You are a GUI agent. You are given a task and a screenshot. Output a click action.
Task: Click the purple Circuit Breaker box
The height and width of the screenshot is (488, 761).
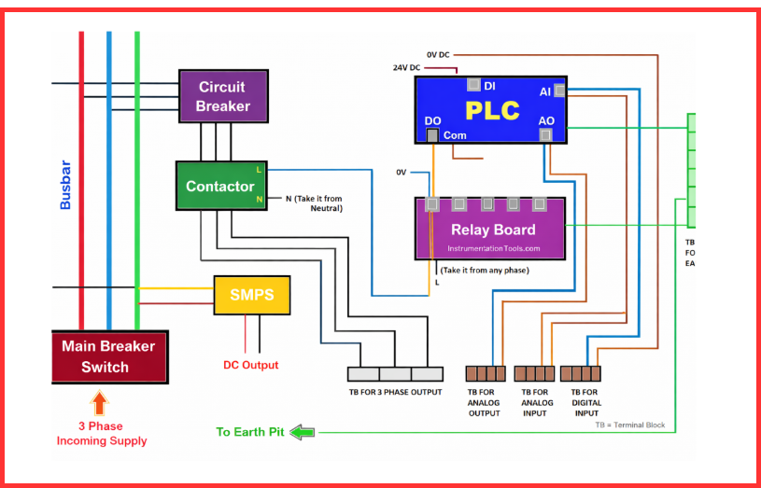point(223,97)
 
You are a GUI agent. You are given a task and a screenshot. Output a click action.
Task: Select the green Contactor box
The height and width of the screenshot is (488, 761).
point(220,186)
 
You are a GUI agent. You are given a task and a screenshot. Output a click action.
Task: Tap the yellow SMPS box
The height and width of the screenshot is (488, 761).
point(252,295)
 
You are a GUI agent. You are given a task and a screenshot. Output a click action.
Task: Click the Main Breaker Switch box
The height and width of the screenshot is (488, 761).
point(108,356)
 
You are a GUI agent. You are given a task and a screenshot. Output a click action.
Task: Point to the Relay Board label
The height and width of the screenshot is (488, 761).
point(493,230)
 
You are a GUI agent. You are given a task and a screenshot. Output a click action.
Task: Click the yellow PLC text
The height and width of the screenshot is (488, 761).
point(492,111)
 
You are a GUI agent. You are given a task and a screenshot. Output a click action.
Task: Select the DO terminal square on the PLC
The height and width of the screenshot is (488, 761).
point(432,136)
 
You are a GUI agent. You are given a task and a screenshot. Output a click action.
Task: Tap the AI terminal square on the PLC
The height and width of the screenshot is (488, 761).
point(559,91)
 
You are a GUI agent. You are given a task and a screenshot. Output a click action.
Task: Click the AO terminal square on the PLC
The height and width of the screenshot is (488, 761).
point(546,136)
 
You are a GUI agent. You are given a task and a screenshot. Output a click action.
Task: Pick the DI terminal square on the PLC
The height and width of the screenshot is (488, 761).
point(474,85)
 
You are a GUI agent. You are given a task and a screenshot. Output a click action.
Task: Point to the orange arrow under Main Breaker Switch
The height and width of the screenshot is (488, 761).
point(100,404)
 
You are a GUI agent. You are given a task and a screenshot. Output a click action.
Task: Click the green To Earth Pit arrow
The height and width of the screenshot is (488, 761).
point(303,432)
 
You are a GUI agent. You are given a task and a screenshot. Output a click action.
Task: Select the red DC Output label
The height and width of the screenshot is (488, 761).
point(250,365)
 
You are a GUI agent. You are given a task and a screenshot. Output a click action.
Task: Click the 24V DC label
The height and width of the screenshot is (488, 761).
point(406,68)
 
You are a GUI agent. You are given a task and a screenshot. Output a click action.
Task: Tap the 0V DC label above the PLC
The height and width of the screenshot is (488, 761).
point(438,55)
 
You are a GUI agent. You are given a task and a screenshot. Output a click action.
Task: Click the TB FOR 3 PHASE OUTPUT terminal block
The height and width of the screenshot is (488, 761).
point(395,374)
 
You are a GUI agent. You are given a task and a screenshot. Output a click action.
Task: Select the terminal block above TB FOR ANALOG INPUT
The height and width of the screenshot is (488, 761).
point(534,374)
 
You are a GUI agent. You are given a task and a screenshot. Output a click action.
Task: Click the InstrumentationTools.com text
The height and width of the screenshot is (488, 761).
point(493,248)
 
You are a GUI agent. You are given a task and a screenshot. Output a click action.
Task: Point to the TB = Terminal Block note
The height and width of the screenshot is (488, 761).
point(629,425)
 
